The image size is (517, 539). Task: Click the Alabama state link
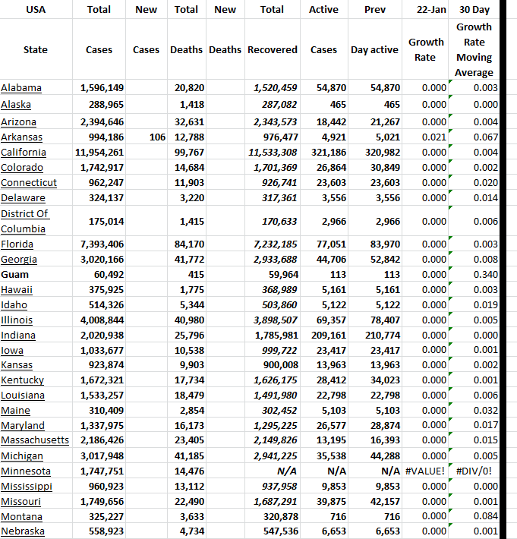point(21,88)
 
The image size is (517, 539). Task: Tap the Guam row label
point(14,274)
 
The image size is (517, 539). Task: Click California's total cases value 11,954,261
point(102,153)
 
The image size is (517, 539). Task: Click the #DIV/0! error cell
point(477,471)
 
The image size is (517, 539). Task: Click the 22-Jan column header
point(426,10)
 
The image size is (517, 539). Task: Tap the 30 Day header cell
point(474,10)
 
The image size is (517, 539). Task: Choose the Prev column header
point(374,10)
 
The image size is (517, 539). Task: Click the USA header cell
point(35,10)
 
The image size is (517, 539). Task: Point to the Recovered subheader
point(272,50)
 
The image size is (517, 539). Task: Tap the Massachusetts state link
point(34,440)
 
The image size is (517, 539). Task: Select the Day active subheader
point(374,50)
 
